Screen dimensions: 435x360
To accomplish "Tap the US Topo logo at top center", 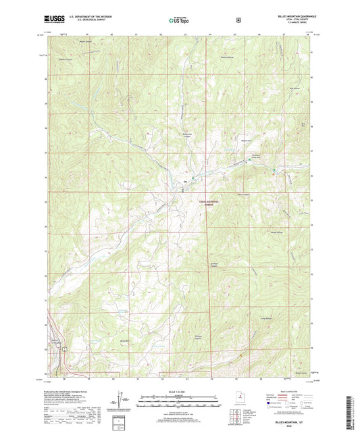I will coord(179,20).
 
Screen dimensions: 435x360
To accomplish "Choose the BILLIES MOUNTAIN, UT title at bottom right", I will coord(292,420).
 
